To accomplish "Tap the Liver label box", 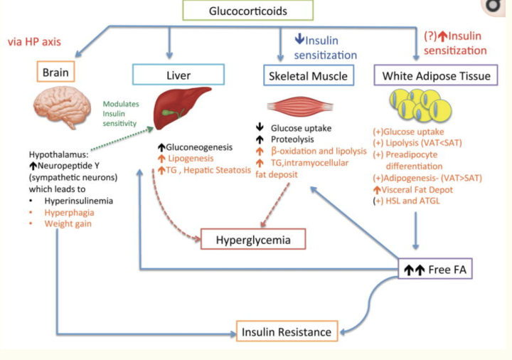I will pyautogui.click(x=178, y=75).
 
